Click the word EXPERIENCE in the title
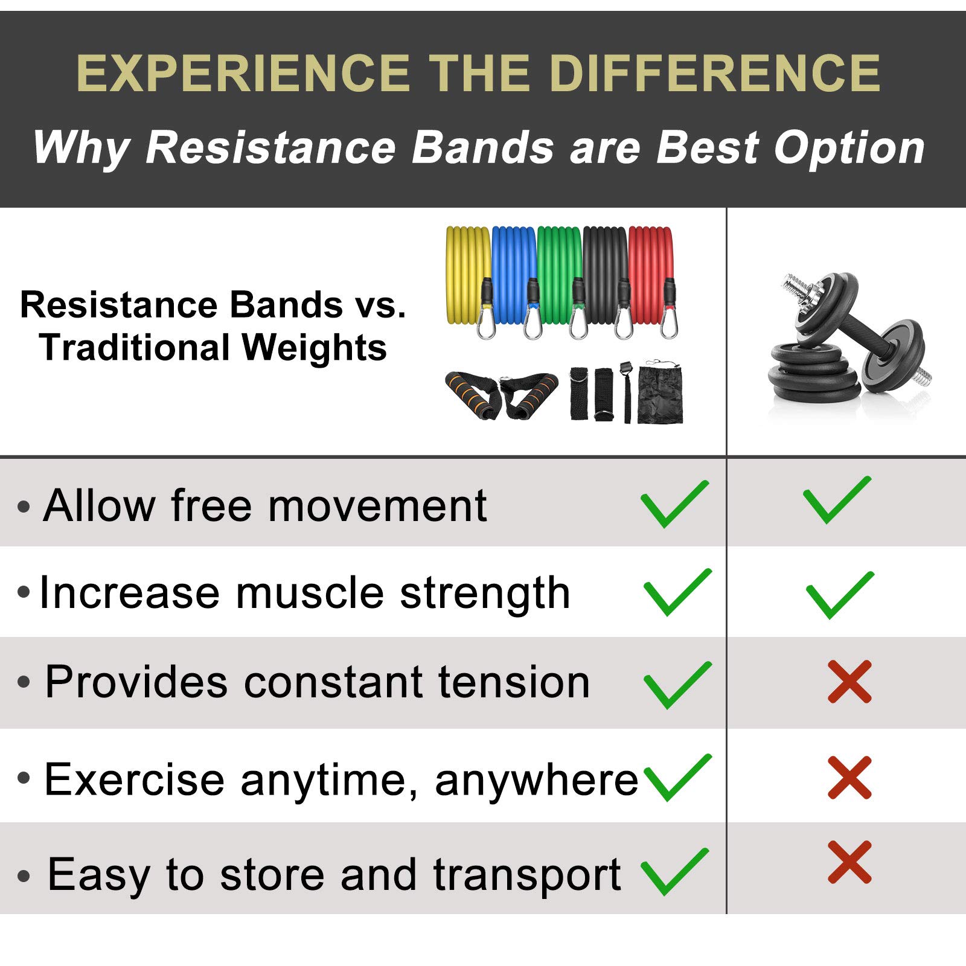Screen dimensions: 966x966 (243, 74)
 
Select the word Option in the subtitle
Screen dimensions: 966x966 (849, 148)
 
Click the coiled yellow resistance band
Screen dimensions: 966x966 (468, 275)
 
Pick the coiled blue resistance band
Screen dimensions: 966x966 (514, 275)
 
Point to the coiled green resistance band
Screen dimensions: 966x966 (560, 275)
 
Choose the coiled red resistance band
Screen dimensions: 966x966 (651, 275)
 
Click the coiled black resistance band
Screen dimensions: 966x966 (606, 275)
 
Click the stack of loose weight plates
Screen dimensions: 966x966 (812, 374)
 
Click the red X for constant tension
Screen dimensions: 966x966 (849, 682)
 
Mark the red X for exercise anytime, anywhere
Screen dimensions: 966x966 (849, 777)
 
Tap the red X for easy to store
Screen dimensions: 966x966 (849, 862)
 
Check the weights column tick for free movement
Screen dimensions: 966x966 (837, 500)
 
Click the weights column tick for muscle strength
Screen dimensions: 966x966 (840, 595)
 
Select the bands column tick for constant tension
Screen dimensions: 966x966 (678, 685)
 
